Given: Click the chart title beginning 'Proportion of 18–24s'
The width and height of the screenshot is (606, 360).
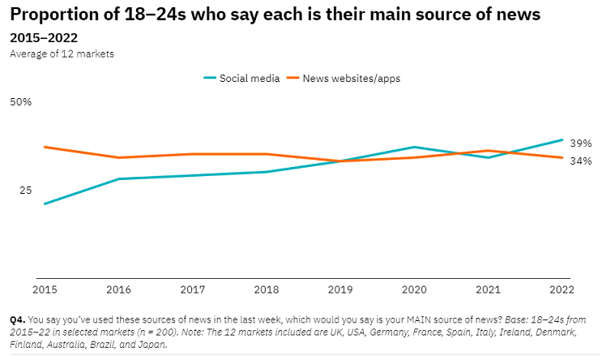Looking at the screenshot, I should tap(275, 15).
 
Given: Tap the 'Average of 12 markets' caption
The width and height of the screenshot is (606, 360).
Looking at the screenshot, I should tap(62, 54).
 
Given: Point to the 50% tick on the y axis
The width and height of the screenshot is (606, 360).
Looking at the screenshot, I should tap(20, 102).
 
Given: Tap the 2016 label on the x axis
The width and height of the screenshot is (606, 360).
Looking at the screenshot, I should tap(118, 289).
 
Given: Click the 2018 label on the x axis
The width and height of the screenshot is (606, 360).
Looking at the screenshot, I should tap(267, 289).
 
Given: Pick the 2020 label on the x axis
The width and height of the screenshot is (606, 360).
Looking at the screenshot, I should tap(414, 289).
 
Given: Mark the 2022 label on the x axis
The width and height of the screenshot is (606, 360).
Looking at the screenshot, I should tap(561, 289).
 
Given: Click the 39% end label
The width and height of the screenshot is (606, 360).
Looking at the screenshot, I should tap(580, 142).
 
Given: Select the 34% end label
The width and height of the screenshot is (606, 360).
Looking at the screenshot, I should tap(580, 161).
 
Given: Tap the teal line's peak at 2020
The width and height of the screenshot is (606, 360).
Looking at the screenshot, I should tap(414, 147).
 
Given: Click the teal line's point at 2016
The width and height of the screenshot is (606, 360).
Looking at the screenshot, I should tap(118, 178).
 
